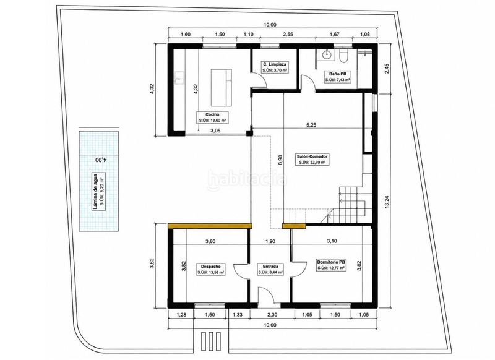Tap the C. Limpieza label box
[x=275, y=67]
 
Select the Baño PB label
[x=338, y=77]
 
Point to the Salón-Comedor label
[x=312, y=160]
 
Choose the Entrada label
[x=270, y=269]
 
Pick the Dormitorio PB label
[x=330, y=265]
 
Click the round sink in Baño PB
[x=326, y=55]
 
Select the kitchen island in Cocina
[x=222, y=87]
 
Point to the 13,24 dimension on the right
[x=387, y=200]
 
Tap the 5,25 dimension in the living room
[x=311, y=125]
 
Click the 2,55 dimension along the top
[x=288, y=35]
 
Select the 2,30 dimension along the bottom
[x=272, y=315]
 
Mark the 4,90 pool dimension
[x=101, y=160]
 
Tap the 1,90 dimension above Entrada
[x=270, y=241]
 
